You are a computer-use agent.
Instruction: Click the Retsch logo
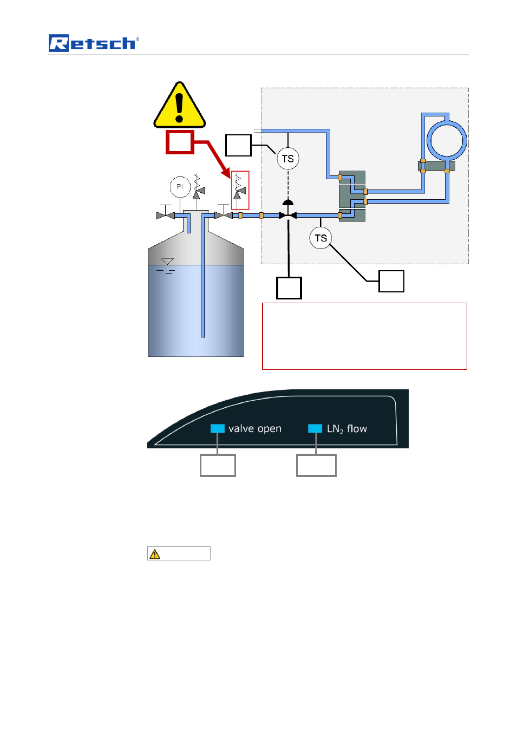click(94, 43)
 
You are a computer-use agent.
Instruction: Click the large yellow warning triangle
click(179, 105)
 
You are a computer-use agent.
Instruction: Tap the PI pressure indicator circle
click(180, 187)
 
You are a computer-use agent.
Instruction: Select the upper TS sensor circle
click(287, 159)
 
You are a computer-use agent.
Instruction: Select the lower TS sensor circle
click(320, 238)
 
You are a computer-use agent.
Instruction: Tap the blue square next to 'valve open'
click(218, 428)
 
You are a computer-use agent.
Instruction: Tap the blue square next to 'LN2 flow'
click(315, 428)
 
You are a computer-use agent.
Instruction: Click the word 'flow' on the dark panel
click(357, 428)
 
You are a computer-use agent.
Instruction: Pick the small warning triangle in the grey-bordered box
click(155, 554)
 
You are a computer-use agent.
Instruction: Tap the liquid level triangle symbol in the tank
click(167, 262)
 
